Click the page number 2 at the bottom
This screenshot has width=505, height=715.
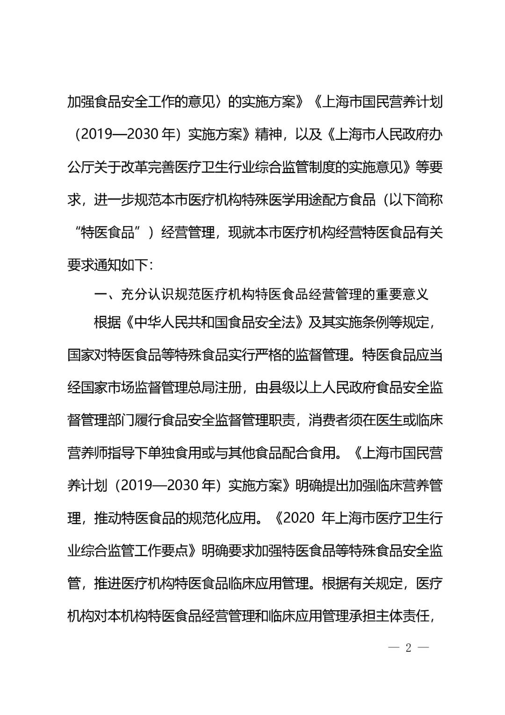(408, 648)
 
